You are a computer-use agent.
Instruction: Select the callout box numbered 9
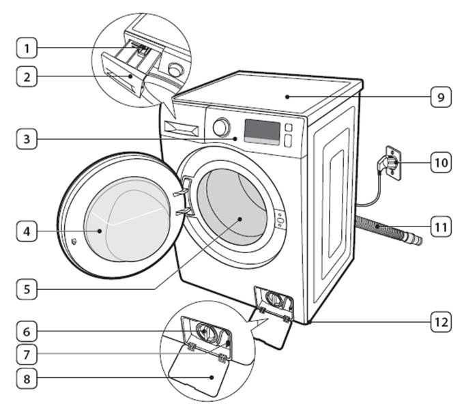tap(440, 97)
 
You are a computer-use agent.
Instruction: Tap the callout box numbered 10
tap(440, 162)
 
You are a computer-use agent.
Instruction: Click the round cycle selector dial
tap(221, 128)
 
